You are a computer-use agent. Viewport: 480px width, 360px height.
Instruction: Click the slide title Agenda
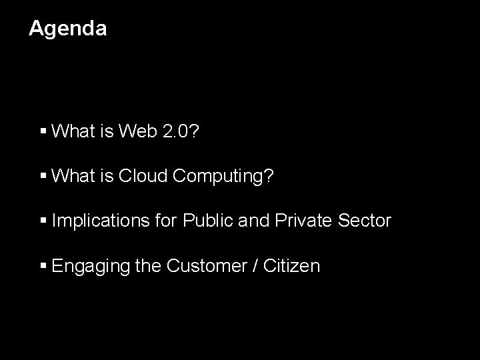(67, 29)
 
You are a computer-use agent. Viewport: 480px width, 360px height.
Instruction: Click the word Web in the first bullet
(138, 131)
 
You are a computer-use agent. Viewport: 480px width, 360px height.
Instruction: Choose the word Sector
(366, 221)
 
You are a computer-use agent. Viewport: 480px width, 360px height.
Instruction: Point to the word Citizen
(293, 266)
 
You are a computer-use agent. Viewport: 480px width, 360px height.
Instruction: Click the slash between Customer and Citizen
(257, 266)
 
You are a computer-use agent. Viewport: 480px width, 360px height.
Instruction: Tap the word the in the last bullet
(149, 266)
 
